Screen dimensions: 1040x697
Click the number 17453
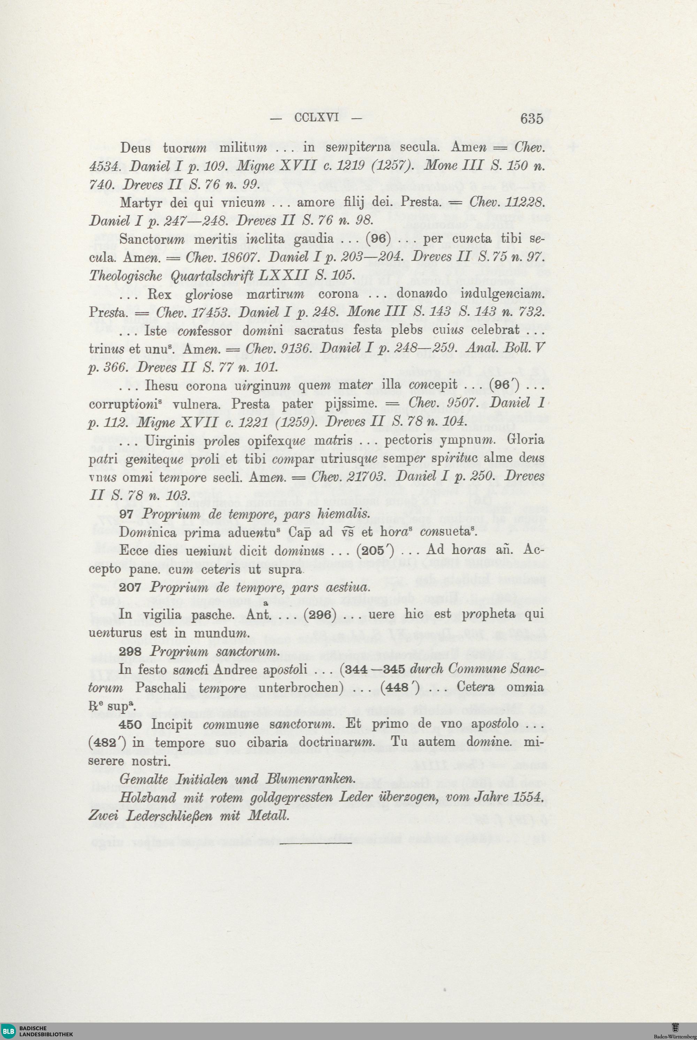pos(211,312)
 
